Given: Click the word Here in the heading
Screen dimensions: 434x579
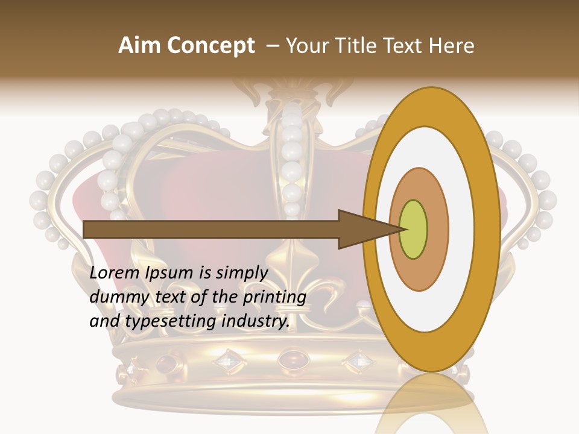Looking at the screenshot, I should (451, 46).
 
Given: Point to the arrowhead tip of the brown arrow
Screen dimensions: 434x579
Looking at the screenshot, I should (403, 229).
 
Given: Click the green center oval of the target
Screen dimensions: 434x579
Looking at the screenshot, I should (414, 230).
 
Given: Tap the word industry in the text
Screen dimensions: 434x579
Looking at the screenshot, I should (256, 321).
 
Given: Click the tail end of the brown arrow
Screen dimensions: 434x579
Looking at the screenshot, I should (86, 229).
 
